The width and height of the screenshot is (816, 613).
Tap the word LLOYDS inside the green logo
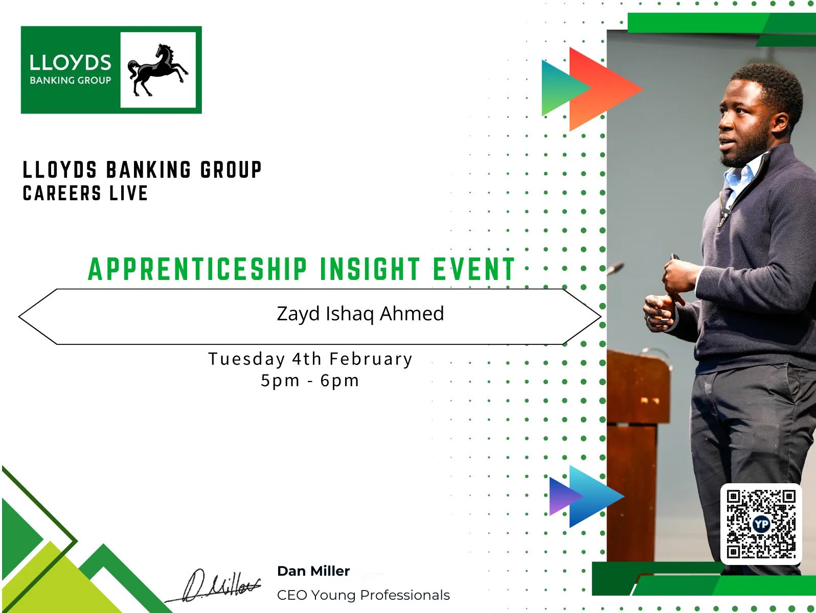click(x=70, y=63)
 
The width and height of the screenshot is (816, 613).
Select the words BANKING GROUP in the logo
click(x=70, y=80)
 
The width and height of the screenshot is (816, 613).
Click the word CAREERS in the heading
click(x=62, y=194)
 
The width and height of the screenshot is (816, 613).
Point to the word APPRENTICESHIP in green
click(x=197, y=269)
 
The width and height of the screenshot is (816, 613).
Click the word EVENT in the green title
click(x=474, y=269)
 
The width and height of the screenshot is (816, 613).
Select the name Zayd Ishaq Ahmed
click(x=360, y=314)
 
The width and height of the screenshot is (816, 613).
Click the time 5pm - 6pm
click(x=310, y=381)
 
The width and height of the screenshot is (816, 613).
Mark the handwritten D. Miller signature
click(x=214, y=586)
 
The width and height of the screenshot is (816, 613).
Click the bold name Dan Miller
click(x=313, y=571)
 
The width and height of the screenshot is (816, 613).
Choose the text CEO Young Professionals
click(x=363, y=595)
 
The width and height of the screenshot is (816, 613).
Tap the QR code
click(x=761, y=524)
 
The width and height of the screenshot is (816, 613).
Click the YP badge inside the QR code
click(x=761, y=525)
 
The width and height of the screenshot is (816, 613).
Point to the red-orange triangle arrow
click(x=606, y=89)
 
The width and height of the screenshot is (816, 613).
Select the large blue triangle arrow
click(x=597, y=497)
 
